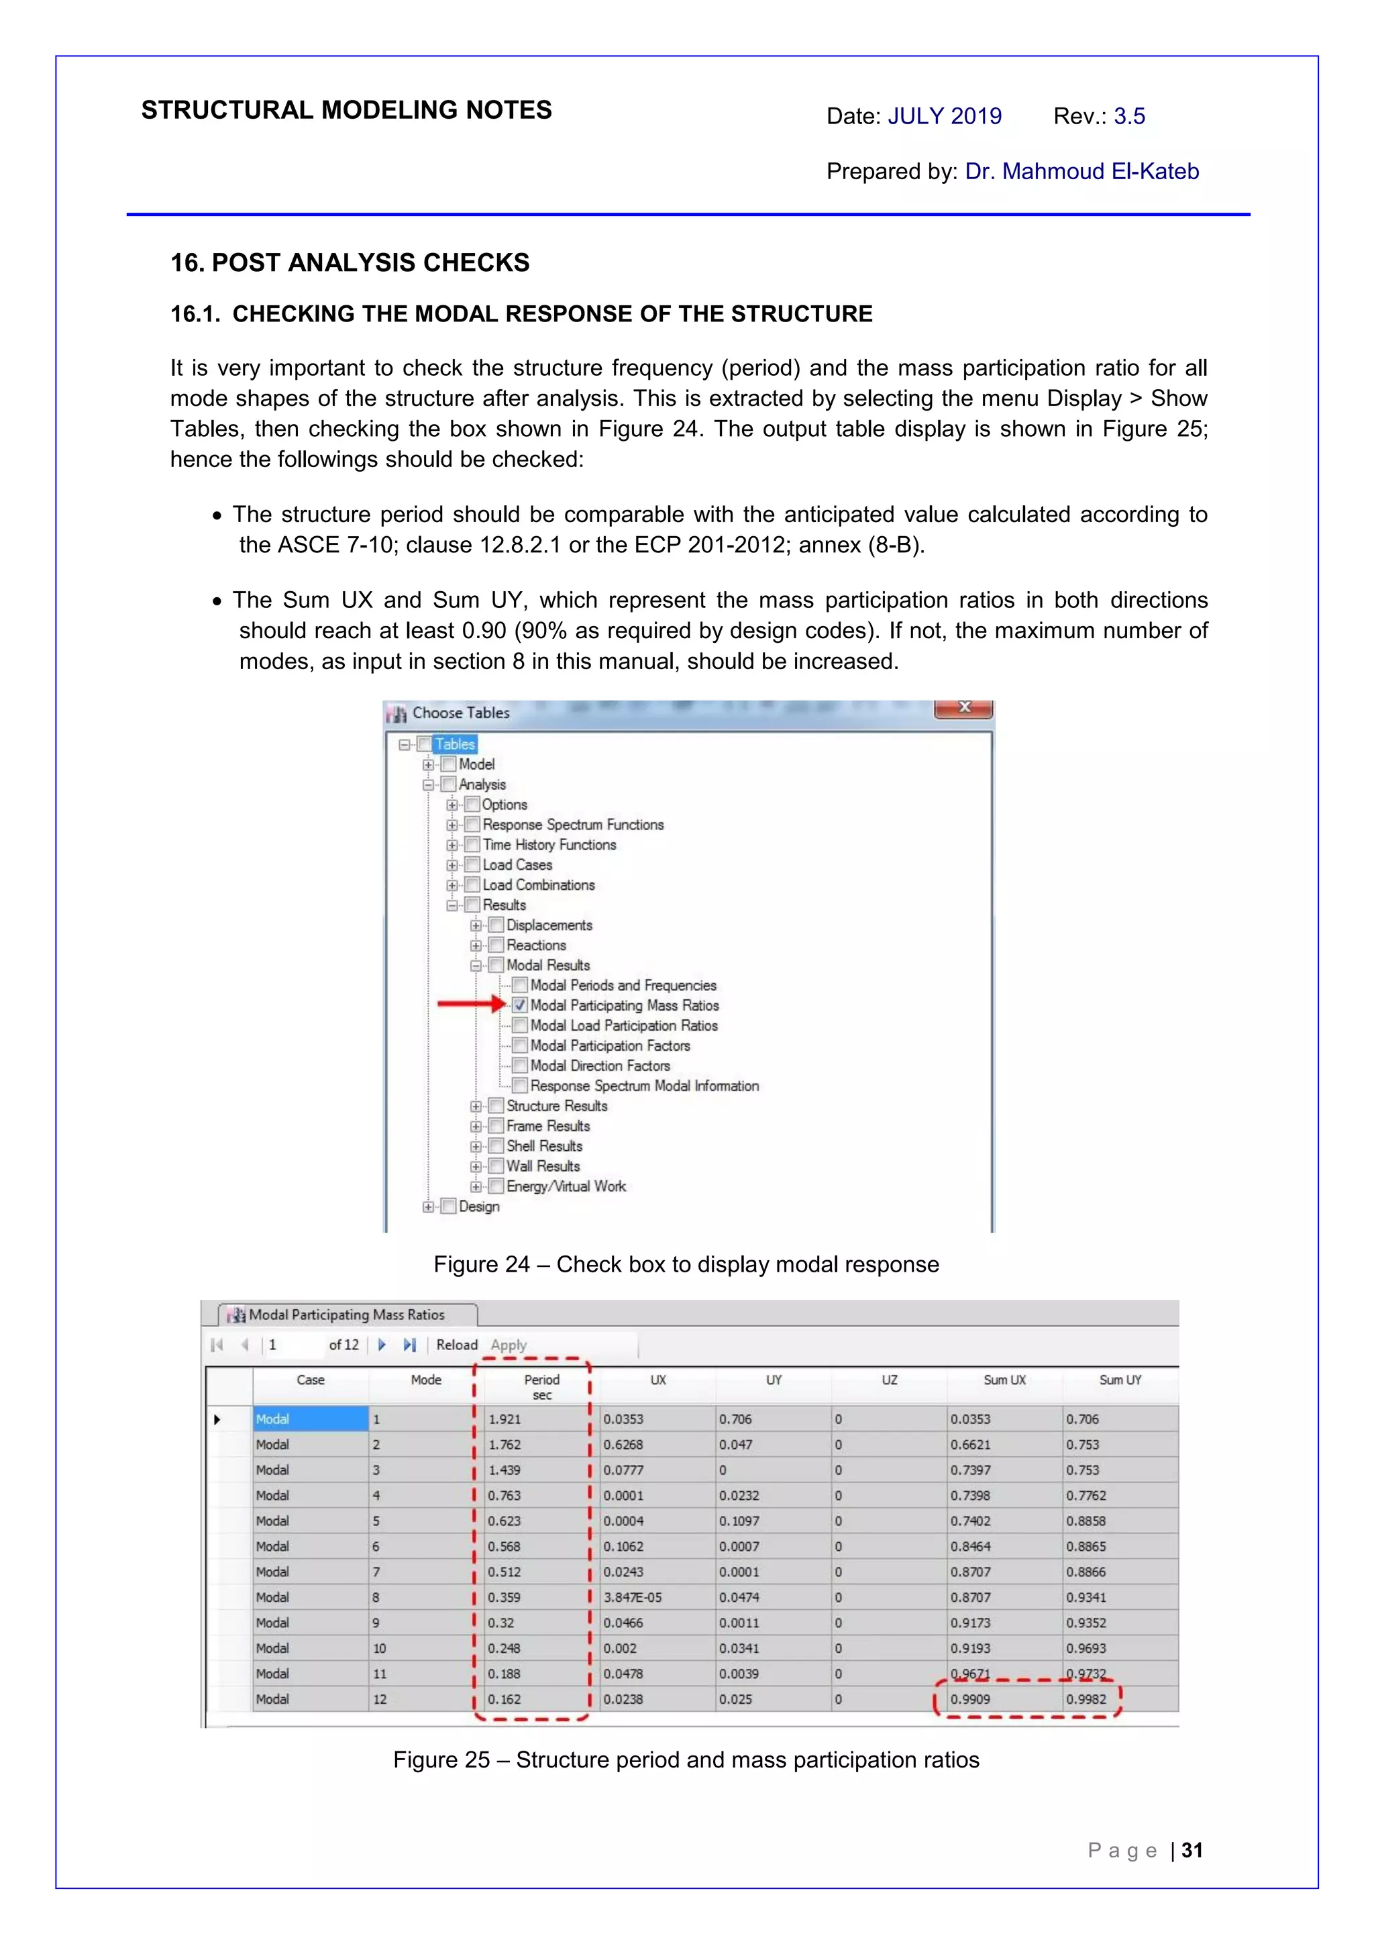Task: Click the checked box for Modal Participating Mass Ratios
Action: [520, 1005]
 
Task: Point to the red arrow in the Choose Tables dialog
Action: [471, 1004]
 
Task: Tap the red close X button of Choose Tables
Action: [963, 708]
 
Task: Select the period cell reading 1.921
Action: [505, 1419]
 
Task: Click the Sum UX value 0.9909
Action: [970, 1699]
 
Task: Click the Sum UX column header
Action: [1004, 1380]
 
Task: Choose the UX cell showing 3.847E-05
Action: [633, 1598]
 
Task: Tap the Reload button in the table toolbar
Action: [456, 1345]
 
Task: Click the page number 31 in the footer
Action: [1192, 1851]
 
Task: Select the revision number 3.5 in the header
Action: [1129, 116]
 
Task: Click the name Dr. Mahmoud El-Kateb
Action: [1082, 171]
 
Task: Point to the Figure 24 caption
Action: [686, 1264]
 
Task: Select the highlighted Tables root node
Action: [455, 744]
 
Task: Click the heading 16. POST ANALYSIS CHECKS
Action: [350, 262]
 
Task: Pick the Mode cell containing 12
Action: [380, 1699]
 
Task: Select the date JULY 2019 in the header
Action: [944, 116]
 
